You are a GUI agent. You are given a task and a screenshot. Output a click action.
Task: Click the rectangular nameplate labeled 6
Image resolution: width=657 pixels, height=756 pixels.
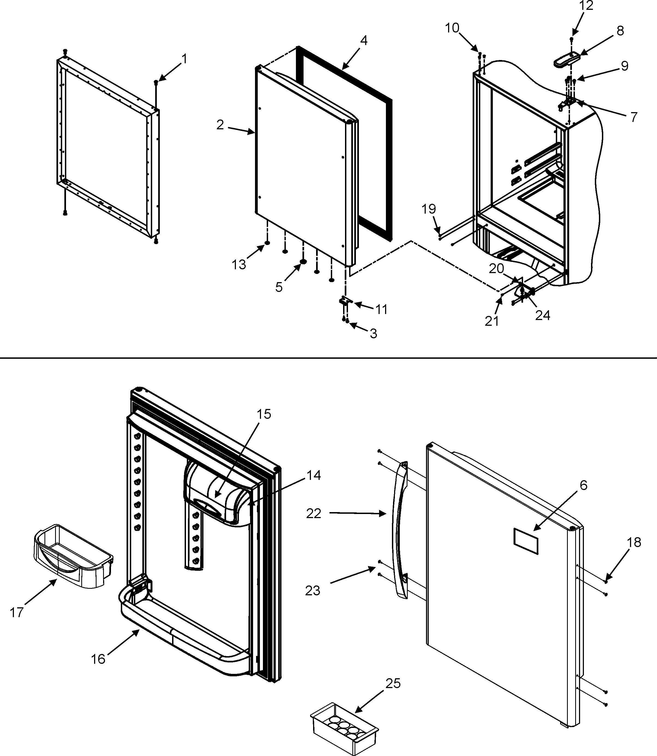[x=526, y=541]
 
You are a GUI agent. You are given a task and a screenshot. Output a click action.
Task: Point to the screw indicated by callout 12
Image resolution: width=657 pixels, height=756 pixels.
[x=571, y=38]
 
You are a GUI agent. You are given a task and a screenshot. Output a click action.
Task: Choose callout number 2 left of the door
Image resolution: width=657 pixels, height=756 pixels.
[x=220, y=125]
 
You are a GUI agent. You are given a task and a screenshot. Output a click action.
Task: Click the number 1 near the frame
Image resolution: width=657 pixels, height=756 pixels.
[x=184, y=59]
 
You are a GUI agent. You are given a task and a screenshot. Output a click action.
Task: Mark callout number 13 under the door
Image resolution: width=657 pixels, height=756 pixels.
[x=239, y=264]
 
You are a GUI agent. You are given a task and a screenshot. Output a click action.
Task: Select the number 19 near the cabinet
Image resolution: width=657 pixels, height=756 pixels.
[x=428, y=209]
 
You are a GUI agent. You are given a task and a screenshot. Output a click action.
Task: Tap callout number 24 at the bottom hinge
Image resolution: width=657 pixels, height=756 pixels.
[x=543, y=315]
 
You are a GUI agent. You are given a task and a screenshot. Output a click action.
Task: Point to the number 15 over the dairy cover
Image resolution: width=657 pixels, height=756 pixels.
[x=264, y=414]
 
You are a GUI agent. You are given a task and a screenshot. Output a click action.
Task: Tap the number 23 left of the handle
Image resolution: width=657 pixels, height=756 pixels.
[x=312, y=591]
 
